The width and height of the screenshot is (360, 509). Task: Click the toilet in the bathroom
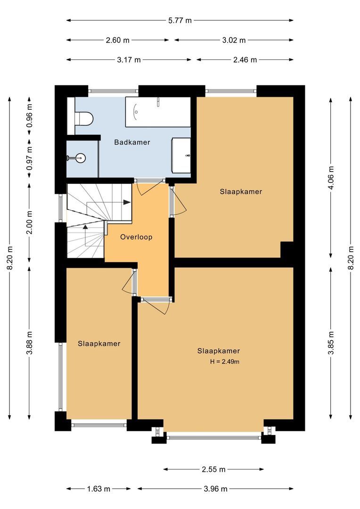coord(84,118)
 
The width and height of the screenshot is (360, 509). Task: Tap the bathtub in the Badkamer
coord(158,112)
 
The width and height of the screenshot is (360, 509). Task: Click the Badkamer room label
coord(132,142)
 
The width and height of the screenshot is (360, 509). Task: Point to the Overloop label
coord(136,237)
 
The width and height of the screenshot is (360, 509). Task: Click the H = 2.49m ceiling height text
coord(225,361)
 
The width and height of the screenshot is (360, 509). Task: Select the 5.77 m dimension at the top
coord(180,20)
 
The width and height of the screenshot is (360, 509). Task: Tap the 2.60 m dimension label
coord(117,40)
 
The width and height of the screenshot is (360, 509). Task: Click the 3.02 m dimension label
coord(234,40)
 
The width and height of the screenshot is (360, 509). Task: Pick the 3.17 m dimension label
coord(129,60)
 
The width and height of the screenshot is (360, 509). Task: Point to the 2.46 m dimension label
coord(245,60)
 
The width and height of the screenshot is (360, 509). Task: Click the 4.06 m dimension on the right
coord(331,178)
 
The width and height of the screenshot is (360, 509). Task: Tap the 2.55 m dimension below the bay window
coord(213,469)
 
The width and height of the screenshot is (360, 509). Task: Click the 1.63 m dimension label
coord(98,489)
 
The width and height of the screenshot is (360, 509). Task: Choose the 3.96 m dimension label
coord(215,489)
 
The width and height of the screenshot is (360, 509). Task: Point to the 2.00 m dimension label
coord(30,222)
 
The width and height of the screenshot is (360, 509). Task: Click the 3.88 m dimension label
coord(30,344)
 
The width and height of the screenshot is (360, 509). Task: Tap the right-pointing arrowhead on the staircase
coord(127,202)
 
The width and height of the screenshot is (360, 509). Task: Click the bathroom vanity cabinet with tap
coord(181,155)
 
